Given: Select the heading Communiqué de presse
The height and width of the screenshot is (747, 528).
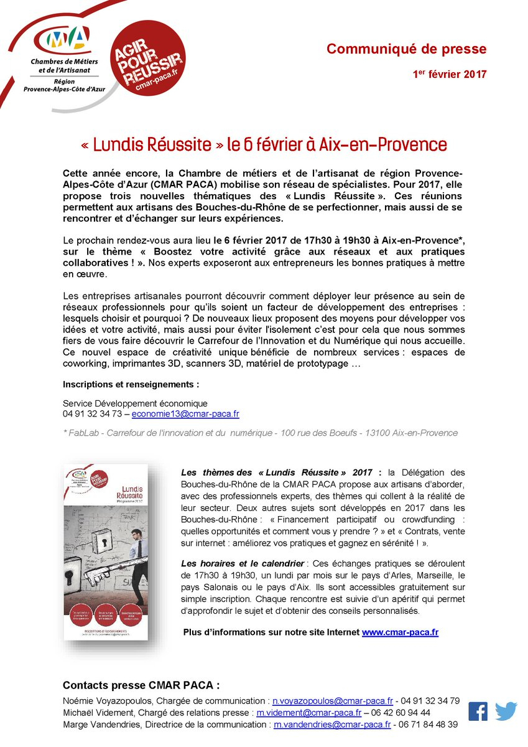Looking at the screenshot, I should click(407, 49).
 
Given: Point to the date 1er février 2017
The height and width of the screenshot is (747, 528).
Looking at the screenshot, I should click(450, 74).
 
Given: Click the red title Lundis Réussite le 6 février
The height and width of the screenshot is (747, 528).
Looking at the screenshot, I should click(264, 145).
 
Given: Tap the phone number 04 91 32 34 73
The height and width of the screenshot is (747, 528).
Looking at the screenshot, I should click(93, 413).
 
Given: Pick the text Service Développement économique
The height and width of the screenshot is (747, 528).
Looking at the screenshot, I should click(135, 403).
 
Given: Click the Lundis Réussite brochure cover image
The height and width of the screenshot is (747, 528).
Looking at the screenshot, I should click(105, 552).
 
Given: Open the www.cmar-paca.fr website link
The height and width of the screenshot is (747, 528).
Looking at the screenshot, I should click(400, 632).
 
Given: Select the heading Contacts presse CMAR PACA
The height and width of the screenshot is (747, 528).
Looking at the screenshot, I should click(141, 685).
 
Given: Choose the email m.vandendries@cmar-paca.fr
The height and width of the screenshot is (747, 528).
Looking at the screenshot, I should click(333, 725).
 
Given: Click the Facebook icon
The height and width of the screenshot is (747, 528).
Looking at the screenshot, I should click(478, 711).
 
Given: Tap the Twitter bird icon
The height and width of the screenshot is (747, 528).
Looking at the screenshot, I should click(506, 711).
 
